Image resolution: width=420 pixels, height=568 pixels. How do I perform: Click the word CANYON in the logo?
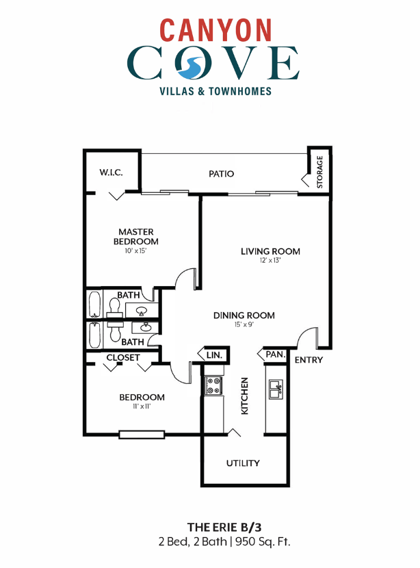click(215, 30)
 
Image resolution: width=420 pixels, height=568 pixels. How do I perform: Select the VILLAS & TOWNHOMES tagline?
click(215, 91)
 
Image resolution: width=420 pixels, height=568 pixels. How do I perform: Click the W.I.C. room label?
click(110, 172)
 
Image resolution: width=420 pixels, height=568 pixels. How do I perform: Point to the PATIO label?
click(221, 174)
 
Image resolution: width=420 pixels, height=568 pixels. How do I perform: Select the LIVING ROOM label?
click(270, 251)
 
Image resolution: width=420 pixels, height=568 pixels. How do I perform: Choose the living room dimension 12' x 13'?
click(270, 261)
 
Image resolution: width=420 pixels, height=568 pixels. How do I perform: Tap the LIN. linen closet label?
click(214, 354)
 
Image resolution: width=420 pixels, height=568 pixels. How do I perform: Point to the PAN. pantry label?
click(274, 354)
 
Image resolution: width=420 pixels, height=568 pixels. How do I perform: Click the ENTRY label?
click(309, 360)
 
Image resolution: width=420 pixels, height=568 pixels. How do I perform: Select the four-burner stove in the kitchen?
click(213, 387)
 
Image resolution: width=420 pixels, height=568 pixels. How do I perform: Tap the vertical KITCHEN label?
click(244, 396)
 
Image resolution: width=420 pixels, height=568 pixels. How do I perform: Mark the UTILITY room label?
click(243, 463)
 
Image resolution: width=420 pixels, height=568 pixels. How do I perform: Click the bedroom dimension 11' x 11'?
click(142, 407)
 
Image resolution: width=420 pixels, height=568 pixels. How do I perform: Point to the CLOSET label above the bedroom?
click(123, 357)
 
